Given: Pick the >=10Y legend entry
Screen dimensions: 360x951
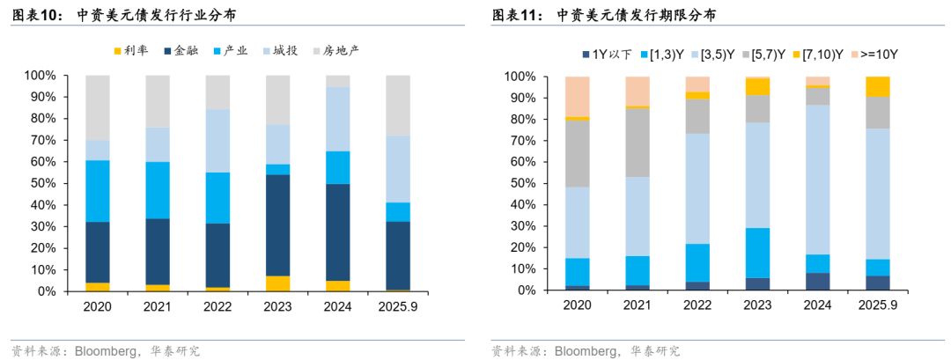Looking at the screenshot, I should pyautogui.click(x=877, y=55).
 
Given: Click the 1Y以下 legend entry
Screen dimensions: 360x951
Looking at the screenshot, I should pyautogui.click(x=606, y=55).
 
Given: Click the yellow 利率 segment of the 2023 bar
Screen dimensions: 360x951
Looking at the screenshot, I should pyautogui.click(x=277, y=283).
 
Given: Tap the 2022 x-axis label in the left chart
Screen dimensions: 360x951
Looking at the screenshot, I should pyautogui.click(x=217, y=307).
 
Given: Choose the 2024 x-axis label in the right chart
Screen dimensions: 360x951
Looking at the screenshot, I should pyautogui.click(x=817, y=307).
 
